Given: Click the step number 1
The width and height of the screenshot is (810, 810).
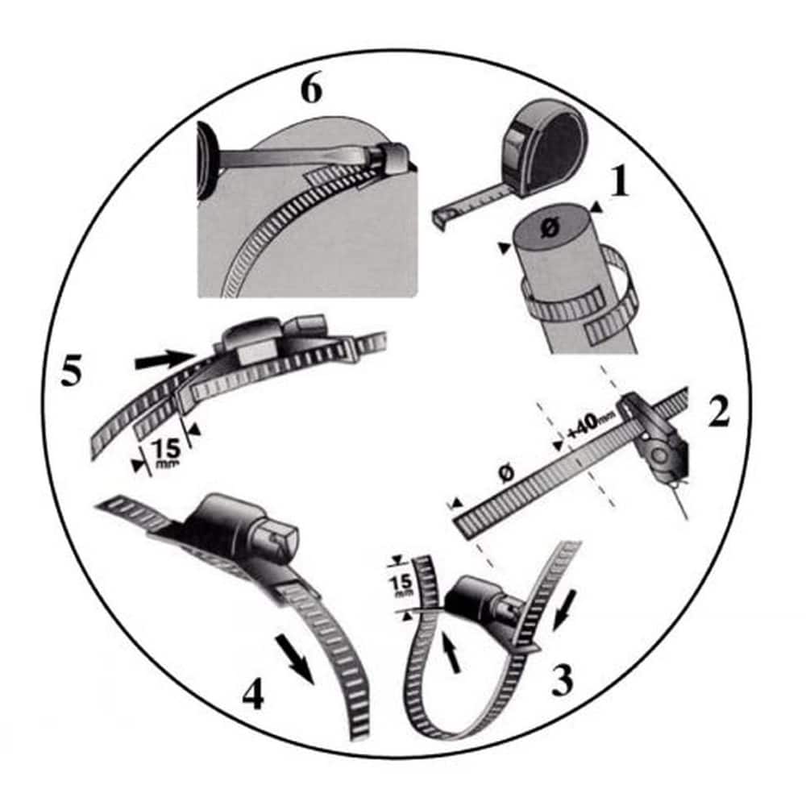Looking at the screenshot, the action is coord(620,181).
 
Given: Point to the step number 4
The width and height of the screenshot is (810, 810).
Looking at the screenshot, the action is coord(253,693).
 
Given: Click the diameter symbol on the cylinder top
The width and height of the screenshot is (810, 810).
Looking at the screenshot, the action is coord(550,226).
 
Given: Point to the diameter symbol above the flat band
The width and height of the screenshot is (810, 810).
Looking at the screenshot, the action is coord(507,472).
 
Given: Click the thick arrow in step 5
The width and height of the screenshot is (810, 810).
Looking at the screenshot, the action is coord(164,359).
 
